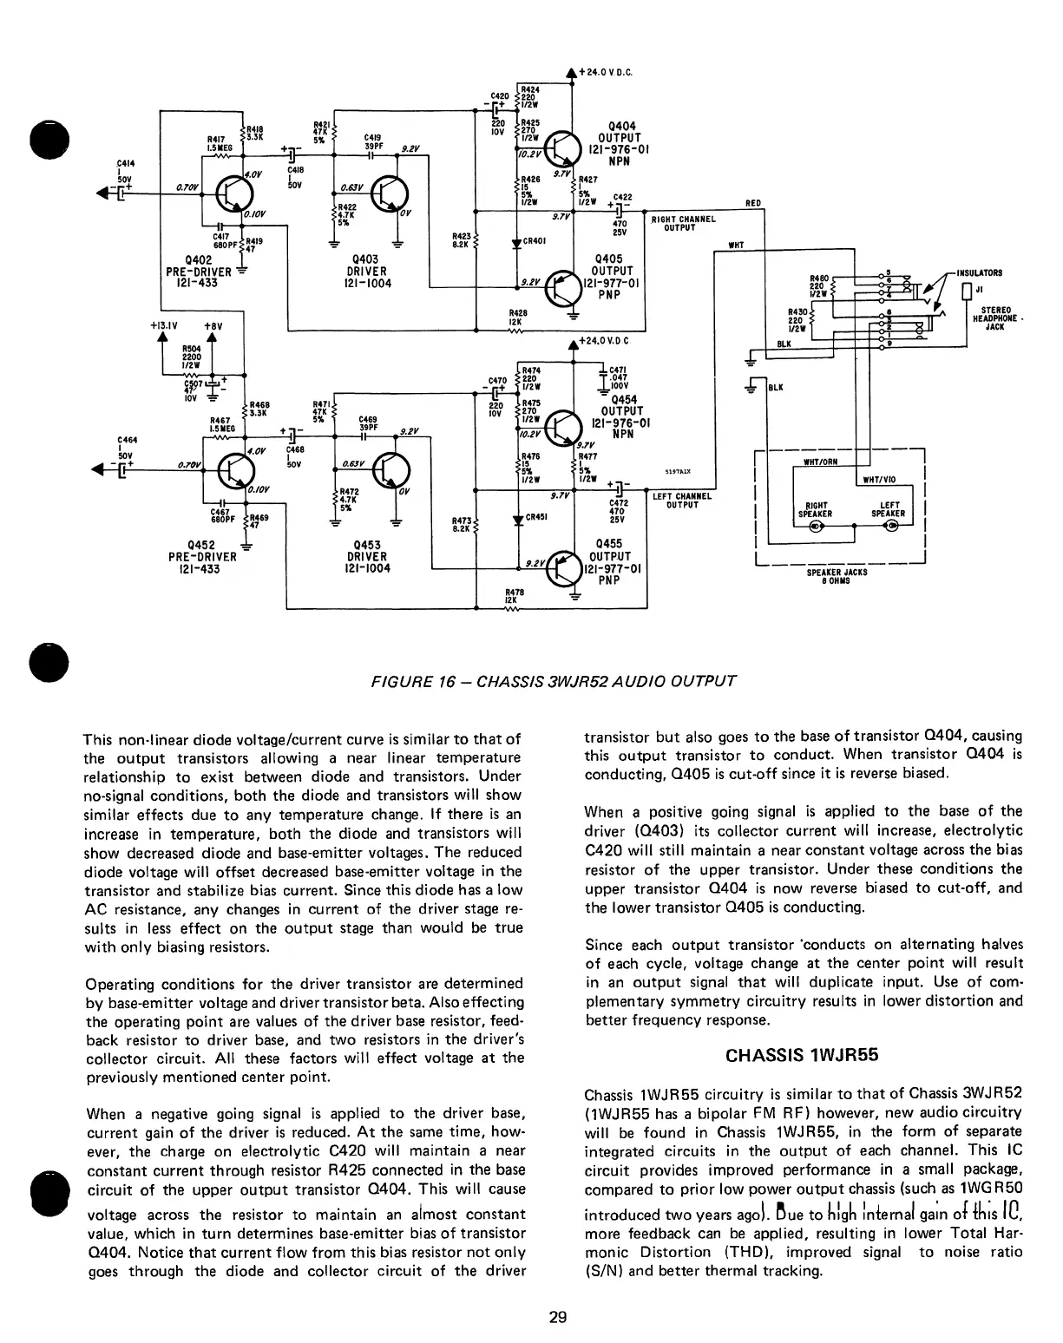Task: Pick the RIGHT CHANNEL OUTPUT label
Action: click(683, 224)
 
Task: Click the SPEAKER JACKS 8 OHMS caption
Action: click(837, 577)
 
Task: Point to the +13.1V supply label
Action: click(163, 326)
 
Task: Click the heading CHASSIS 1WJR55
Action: click(803, 1056)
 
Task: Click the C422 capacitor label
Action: click(623, 196)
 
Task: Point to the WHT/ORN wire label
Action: click(822, 462)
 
